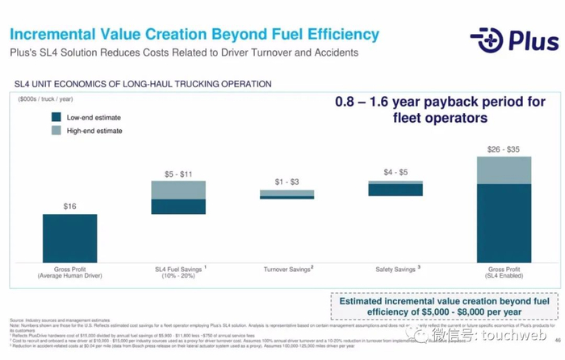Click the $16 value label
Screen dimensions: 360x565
click(x=69, y=207)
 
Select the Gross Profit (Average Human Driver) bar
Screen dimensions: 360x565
click(x=69, y=238)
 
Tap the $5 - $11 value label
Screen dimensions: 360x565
click(x=178, y=174)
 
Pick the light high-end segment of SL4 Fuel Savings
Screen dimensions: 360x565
click(x=178, y=190)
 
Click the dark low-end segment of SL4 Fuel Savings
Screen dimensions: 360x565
click(x=178, y=207)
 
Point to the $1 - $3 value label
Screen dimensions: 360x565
click(x=287, y=182)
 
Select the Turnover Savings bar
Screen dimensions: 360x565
click(x=287, y=194)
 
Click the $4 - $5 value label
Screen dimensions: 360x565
click(x=395, y=172)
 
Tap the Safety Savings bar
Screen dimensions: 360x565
click(x=395, y=187)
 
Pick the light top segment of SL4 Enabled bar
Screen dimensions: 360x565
click(x=504, y=170)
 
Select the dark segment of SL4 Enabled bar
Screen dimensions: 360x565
click(x=504, y=223)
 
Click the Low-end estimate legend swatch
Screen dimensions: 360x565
click(x=56, y=117)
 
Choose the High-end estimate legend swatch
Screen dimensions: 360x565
click(x=56, y=131)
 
